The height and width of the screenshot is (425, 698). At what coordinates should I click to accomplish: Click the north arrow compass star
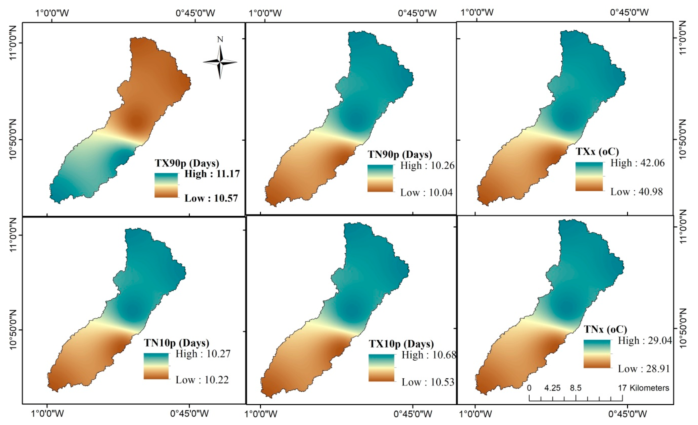pyautogui.click(x=220, y=62)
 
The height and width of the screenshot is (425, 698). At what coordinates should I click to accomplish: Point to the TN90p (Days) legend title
pyautogui.click(x=400, y=155)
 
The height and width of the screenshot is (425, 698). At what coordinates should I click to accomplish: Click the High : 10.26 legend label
pyautogui.click(x=427, y=165)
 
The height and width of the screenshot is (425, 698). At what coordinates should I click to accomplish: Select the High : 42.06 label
pyautogui.click(x=637, y=163)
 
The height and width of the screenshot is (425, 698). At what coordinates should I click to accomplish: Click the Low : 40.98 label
pyautogui.click(x=637, y=192)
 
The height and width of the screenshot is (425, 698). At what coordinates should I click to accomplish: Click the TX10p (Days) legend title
pyautogui.click(x=401, y=344)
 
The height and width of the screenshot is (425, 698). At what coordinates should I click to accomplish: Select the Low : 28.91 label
pyautogui.click(x=644, y=369)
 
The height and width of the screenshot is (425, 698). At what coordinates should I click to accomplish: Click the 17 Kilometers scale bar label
pyautogui.click(x=644, y=388)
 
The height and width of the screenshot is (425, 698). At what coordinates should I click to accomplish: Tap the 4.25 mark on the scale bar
pyautogui.click(x=552, y=388)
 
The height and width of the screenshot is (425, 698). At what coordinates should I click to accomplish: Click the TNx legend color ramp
pyautogui.click(x=597, y=354)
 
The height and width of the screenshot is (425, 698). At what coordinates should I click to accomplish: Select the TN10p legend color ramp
pyautogui.click(x=156, y=366)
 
